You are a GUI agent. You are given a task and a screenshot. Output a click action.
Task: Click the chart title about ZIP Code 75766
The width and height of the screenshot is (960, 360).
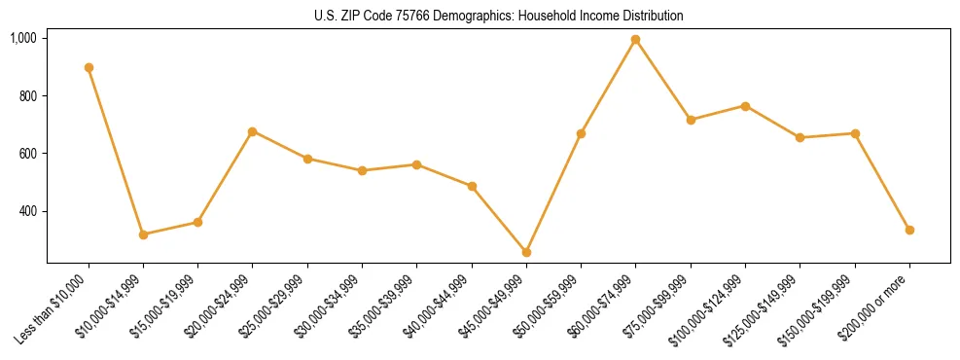tap(498, 16)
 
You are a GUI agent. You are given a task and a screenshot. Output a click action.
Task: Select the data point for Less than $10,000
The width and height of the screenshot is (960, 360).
tap(89, 67)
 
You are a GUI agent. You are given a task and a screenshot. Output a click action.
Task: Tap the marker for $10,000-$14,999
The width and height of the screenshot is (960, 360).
tap(143, 234)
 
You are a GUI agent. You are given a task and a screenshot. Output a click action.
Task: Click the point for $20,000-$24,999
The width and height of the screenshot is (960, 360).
tap(253, 131)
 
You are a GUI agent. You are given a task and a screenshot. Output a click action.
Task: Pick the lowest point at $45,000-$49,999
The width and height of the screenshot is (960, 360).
tap(526, 252)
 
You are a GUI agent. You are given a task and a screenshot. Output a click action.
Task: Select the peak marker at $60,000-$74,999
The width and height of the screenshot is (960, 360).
tap(635, 40)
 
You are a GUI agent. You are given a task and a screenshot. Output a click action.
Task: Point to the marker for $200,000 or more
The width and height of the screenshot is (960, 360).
tap(909, 230)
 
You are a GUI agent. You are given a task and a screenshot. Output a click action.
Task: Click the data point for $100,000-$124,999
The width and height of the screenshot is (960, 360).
tap(745, 106)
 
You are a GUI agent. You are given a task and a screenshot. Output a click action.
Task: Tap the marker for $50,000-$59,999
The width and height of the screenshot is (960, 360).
tap(581, 133)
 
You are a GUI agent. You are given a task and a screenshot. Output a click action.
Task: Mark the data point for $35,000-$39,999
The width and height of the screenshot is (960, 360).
tap(416, 164)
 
